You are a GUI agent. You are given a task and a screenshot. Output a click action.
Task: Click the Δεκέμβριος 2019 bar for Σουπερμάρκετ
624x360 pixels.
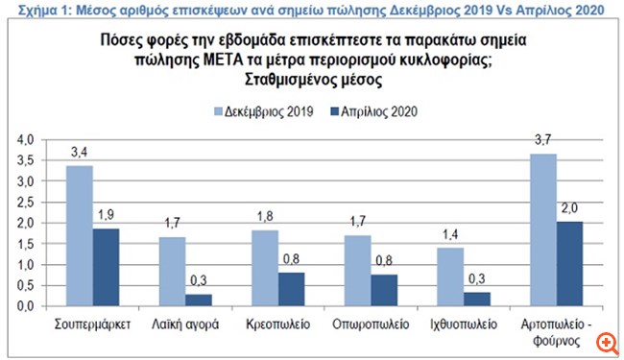click(79, 235)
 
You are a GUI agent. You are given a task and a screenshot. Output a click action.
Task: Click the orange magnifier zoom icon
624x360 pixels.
click(606, 343)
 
